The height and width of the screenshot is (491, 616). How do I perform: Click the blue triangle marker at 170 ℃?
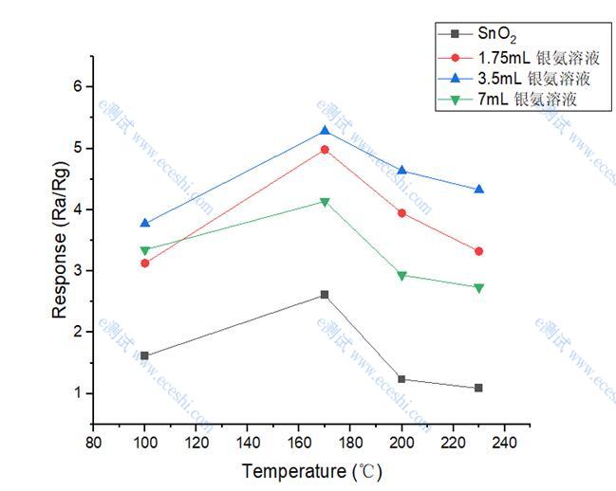[325, 131]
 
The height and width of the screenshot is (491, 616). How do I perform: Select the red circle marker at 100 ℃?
[145, 263]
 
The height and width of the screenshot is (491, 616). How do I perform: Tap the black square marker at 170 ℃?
[325, 295]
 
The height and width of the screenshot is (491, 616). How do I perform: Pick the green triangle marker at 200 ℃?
[401, 276]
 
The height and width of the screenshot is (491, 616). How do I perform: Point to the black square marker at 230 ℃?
[478, 388]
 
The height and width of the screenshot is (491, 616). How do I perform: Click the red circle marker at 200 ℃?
[401, 213]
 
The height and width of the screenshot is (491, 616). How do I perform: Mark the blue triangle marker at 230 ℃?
[478, 190]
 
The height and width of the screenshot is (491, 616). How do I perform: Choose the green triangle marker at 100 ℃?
[145, 251]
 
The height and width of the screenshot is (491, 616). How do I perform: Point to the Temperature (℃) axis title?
[311, 470]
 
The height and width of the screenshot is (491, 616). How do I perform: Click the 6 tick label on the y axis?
[76, 87]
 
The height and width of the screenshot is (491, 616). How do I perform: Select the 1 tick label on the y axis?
[76, 393]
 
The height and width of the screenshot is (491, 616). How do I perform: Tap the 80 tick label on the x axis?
[93, 442]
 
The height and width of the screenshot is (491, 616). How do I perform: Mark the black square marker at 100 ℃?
[145, 355]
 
